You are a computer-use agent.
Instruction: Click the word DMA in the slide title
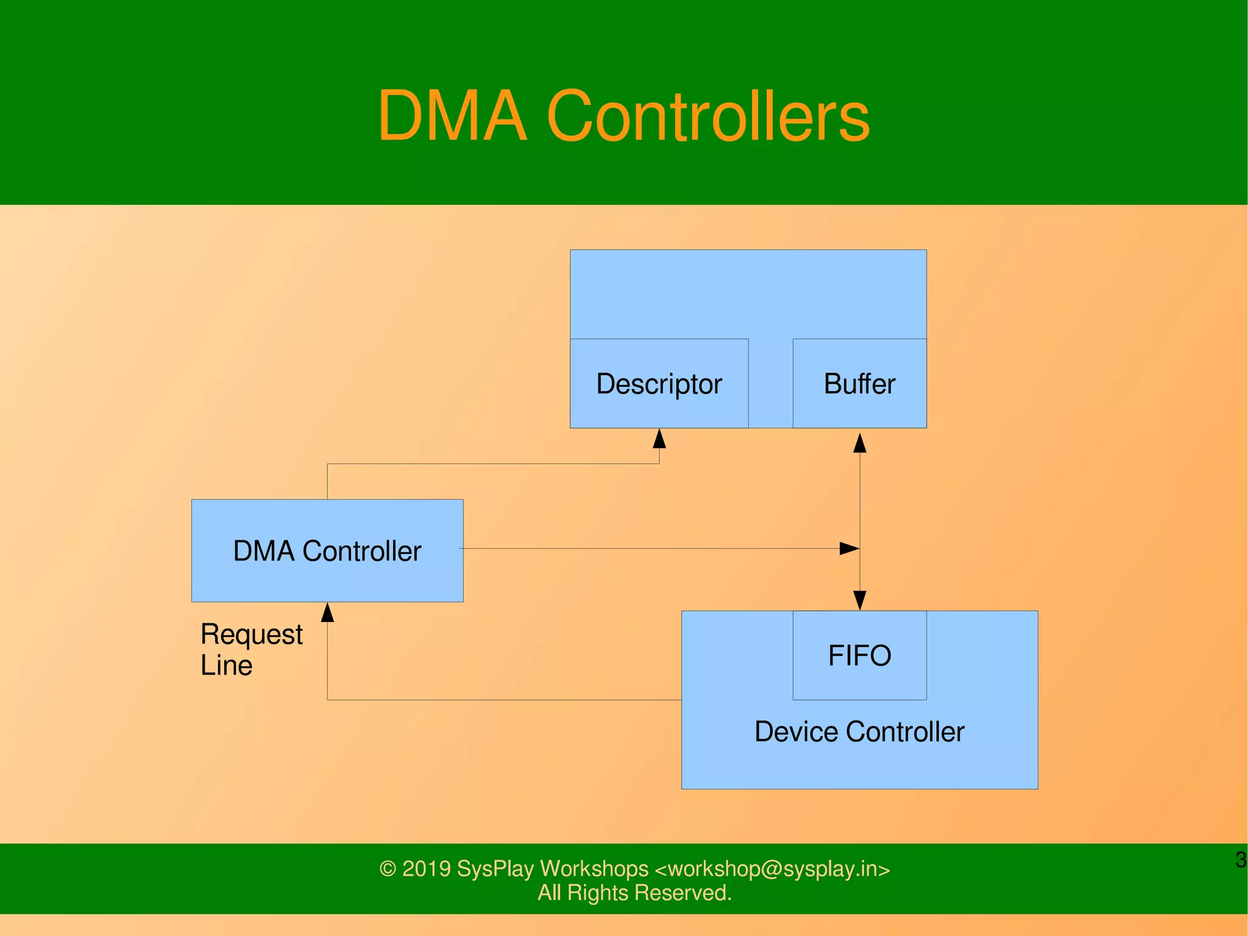click(452, 116)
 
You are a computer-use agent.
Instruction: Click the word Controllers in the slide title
click(708, 116)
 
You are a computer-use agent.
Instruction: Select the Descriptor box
click(659, 384)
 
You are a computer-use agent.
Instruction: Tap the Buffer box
click(859, 384)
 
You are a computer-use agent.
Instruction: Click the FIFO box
click(859, 656)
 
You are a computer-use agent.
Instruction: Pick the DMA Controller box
click(327, 551)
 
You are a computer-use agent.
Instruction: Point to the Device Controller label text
click(859, 732)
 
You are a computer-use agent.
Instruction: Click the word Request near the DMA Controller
click(251, 635)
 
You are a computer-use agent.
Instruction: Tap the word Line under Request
click(226, 665)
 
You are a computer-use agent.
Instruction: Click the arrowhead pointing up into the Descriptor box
click(659, 439)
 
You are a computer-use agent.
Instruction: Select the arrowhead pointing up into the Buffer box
click(860, 443)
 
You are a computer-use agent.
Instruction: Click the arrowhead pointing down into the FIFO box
click(860, 600)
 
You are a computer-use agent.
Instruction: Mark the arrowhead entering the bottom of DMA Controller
click(327, 613)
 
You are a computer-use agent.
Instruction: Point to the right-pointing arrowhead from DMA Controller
click(849, 548)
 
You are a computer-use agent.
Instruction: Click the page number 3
click(1240, 860)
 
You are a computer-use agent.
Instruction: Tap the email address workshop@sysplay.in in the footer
click(773, 868)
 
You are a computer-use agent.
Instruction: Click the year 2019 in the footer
click(426, 868)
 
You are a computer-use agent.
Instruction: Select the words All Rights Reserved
click(634, 893)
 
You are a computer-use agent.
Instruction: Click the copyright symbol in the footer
click(388, 869)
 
